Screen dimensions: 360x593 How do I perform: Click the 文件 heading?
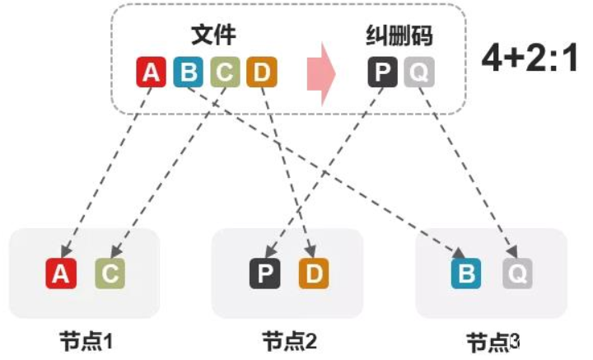212,35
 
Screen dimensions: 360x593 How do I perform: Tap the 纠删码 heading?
399,35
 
